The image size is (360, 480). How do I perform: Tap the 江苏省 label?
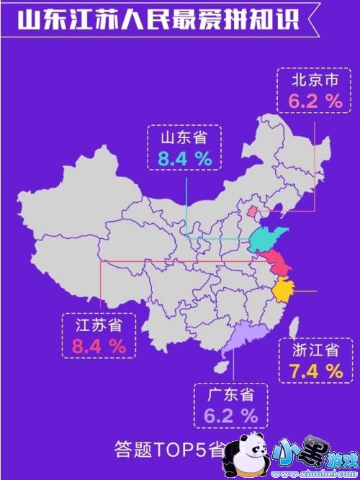(99, 325)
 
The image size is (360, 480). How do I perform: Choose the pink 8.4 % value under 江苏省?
(99, 346)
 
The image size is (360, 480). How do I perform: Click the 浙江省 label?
(316, 351)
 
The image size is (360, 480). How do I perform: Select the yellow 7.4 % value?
(316, 371)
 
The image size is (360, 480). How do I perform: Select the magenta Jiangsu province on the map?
(276, 265)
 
